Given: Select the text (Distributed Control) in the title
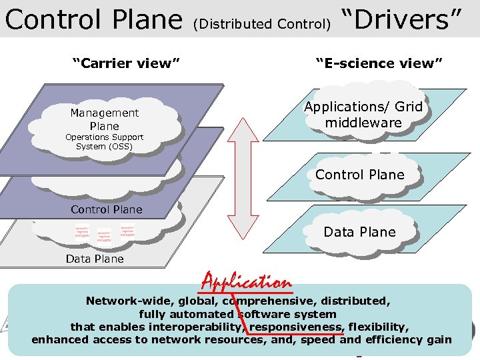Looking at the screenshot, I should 261,25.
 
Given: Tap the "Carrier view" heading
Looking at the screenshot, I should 126,63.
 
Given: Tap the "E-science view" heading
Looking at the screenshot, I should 379,63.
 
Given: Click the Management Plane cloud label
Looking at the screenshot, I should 105,119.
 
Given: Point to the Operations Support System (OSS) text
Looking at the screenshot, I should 104,141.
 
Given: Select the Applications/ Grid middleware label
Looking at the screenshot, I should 363,115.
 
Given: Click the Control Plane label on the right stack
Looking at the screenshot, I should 360,175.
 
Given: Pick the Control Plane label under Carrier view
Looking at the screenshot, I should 107,209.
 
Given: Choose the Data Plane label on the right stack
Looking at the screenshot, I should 360,232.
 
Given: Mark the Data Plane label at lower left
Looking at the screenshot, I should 95,259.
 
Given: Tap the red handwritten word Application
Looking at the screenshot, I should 247,282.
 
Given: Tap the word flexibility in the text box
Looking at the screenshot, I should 379,327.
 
